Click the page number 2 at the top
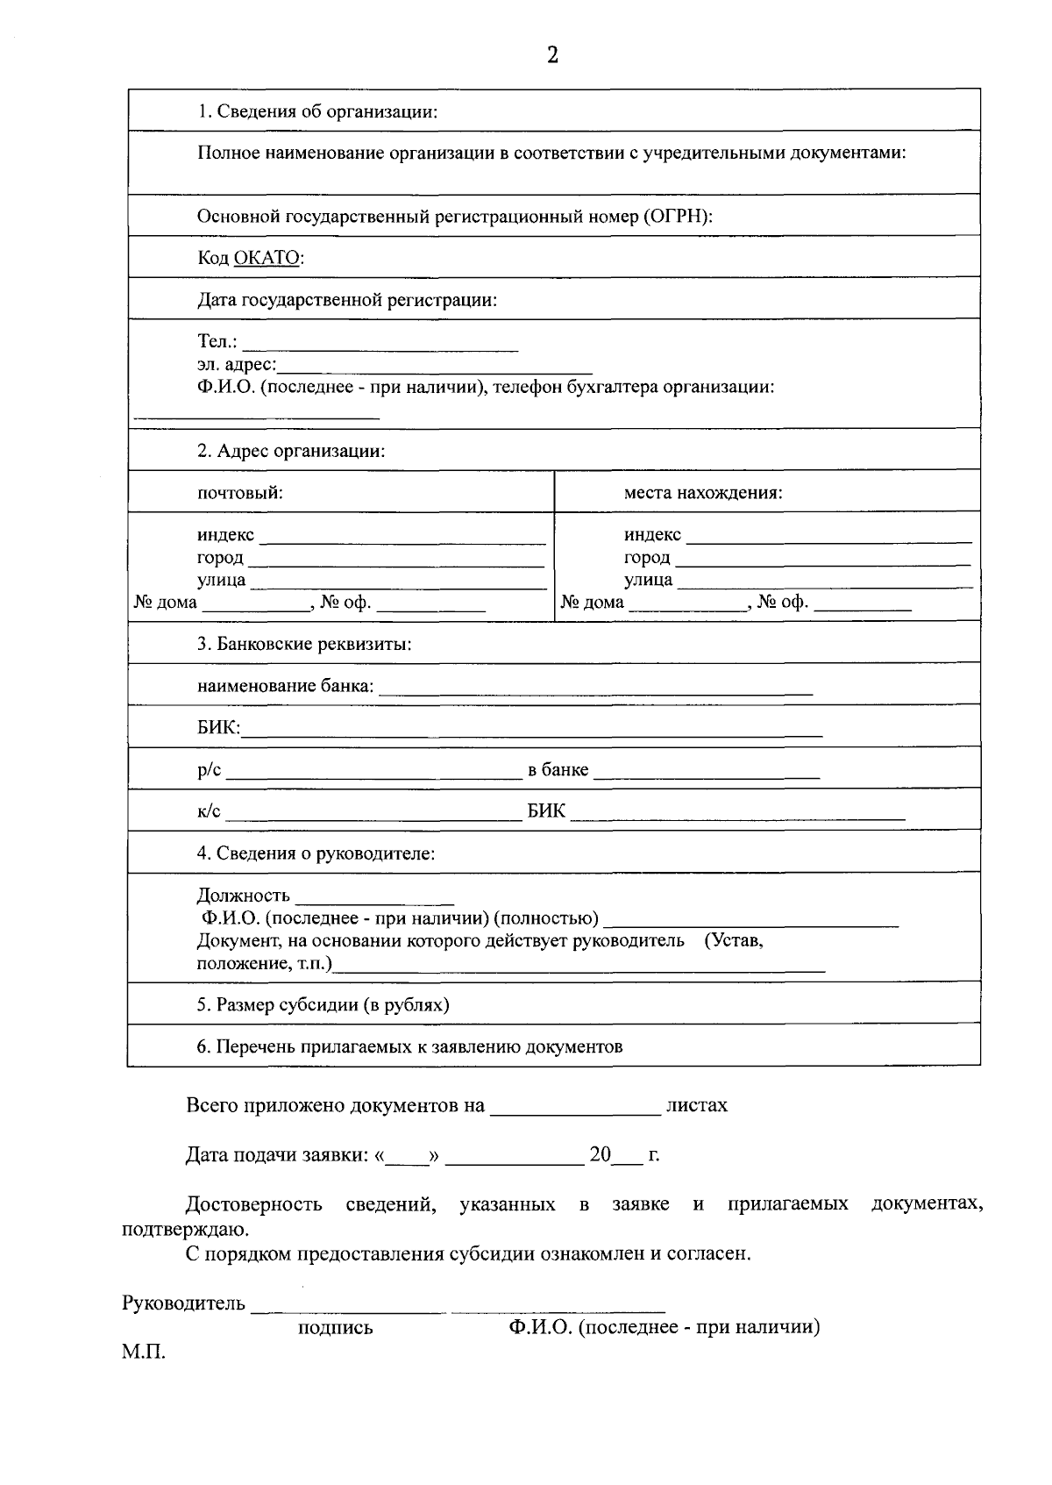551,55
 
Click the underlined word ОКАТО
267,258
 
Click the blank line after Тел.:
380,345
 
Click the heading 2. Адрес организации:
291,451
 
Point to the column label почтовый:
239,492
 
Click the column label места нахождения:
703,492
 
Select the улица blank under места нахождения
824,582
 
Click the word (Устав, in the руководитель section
734,940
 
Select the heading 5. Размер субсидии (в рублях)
323,1004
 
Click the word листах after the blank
697,1105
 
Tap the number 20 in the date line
600,1154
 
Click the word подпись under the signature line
336,1327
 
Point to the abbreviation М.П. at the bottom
143,1352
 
